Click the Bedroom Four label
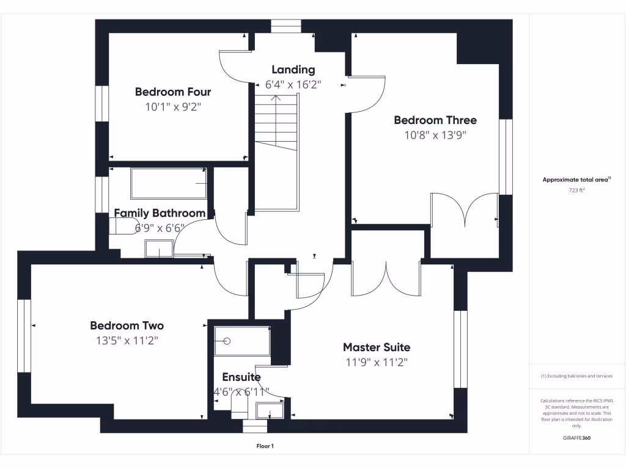(x=173, y=92)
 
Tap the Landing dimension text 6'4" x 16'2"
(x=293, y=85)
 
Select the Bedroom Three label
(x=435, y=120)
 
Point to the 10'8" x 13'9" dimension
(x=435, y=136)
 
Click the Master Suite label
(x=377, y=347)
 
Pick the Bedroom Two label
(x=127, y=325)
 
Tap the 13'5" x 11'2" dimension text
(x=127, y=341)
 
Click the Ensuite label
(x=241, y=377)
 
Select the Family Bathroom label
(x=160, y=213)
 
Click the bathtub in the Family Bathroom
(x=168, y=183)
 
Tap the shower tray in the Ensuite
(x=242, y=341)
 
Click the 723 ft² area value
(x=577, y=191)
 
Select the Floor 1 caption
(x=265, y=446)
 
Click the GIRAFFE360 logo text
(x=577, y=438)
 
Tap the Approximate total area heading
(x=576, y=180)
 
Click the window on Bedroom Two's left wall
(x=24, y=335)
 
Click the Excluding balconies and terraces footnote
(x=577, y=376)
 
